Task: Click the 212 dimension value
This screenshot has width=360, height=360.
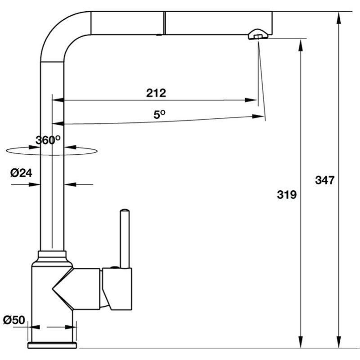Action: pos(156,93)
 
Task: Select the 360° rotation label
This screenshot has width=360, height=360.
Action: pos(48,140)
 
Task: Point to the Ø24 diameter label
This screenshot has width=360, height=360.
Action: pos(20,173)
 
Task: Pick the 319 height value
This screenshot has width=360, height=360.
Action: pos(287,195)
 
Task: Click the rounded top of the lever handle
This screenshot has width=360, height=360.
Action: pos(124,211)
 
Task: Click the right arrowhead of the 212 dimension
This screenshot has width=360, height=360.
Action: pos(253,100)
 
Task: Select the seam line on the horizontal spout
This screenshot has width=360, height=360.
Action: pos(164,22)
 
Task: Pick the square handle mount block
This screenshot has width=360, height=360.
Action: pos(118,288)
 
